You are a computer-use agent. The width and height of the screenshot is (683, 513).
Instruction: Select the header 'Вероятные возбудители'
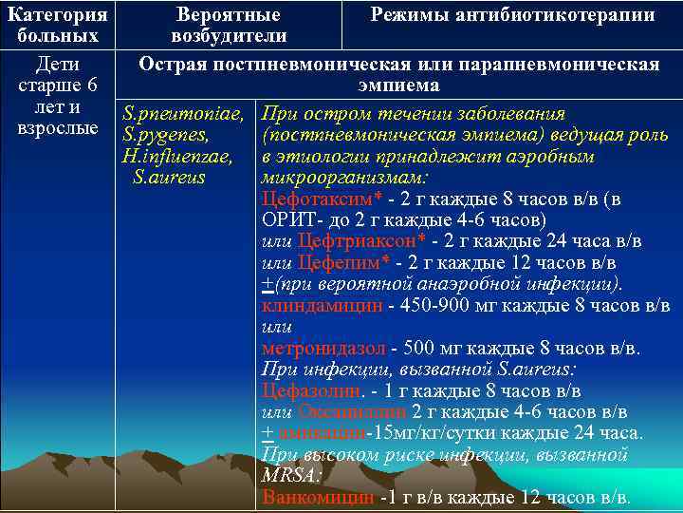[229, 25]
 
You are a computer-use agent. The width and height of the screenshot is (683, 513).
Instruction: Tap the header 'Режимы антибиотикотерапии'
[512, 15]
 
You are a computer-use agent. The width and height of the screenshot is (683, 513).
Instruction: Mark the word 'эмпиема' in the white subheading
[398, 85]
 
